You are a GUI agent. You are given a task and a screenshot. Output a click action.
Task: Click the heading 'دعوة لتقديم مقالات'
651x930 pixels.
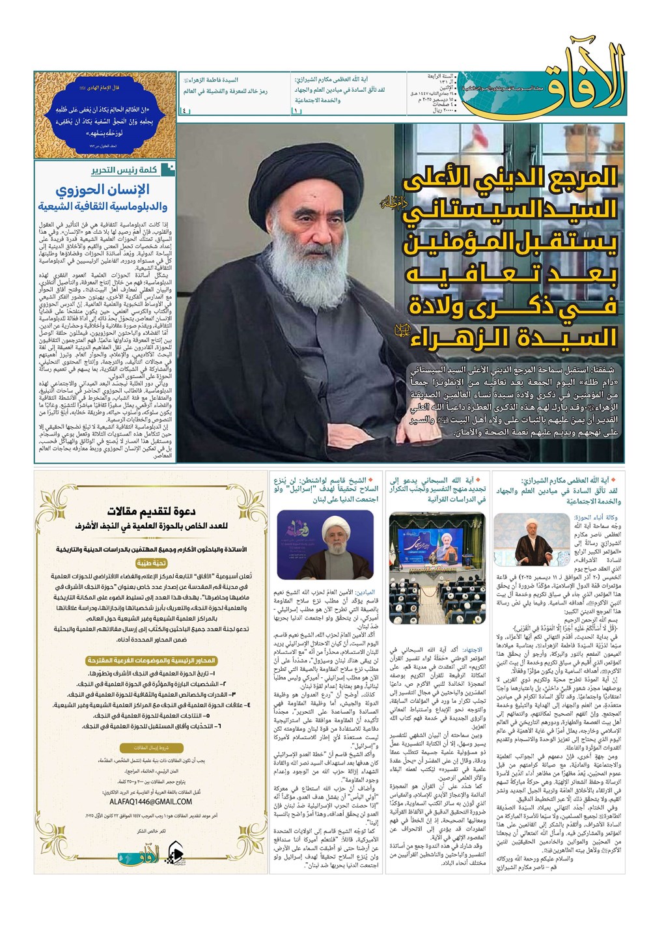[x=152, y=511]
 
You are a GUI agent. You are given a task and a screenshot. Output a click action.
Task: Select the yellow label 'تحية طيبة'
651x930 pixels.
[x=152, y=563]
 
